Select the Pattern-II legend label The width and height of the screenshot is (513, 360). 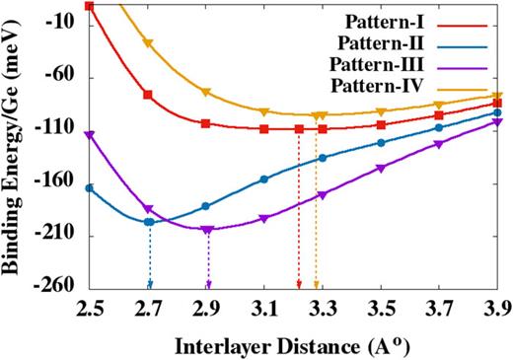click(381, 43)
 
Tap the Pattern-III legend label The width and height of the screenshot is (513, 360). click(379, 66)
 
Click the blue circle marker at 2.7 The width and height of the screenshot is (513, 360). click(149, 222)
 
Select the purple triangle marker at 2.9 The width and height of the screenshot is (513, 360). click(206, 230)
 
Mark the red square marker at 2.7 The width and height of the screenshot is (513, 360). click(148, 95)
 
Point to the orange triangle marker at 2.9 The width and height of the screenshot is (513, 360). click(206, 92)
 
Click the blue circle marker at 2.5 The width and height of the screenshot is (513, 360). click(90, 187)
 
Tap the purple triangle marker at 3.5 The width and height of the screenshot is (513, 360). click(381, 168)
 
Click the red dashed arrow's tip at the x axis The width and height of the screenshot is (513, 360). click(299, 285)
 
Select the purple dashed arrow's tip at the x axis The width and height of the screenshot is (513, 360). click(208, 285)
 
